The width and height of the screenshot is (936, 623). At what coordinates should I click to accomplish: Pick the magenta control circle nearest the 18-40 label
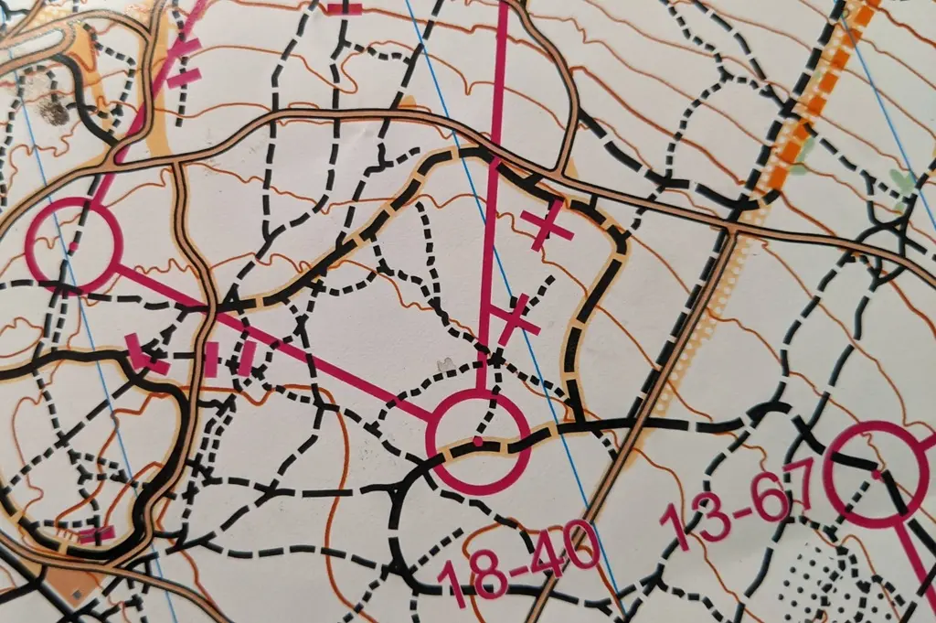click(x=480, y=441)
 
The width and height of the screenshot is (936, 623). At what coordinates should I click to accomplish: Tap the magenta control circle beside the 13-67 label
click(x=874, y=473)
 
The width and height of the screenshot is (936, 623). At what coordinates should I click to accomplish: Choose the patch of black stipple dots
click(x=827, y=576)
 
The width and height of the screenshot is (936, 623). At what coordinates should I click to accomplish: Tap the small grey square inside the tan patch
click(x=76, y=596)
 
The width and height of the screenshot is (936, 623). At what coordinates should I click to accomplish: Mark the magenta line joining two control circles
click(x=274, y=338)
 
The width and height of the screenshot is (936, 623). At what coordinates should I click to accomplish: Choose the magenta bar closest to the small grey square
click(x=95, y=533)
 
